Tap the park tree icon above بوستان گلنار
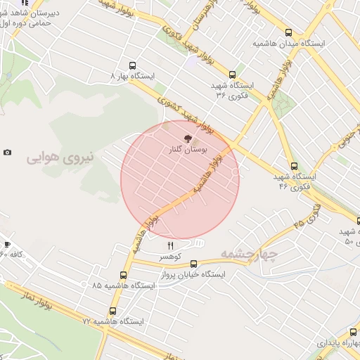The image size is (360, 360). (x=188, y=139)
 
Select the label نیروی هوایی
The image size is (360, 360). (x=60, y=156)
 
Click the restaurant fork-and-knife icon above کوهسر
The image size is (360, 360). (x=170, y=245)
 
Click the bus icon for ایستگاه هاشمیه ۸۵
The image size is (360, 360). (x=124, y=275)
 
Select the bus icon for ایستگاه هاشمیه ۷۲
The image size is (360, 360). (x=112, y=311)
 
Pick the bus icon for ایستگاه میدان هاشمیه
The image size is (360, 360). (x=289, y=32)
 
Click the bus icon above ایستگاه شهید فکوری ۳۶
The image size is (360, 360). (x=232, y=74)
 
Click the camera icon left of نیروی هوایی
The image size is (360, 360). (x=8, y=153)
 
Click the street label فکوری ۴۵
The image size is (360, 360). (x=308, y=216)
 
